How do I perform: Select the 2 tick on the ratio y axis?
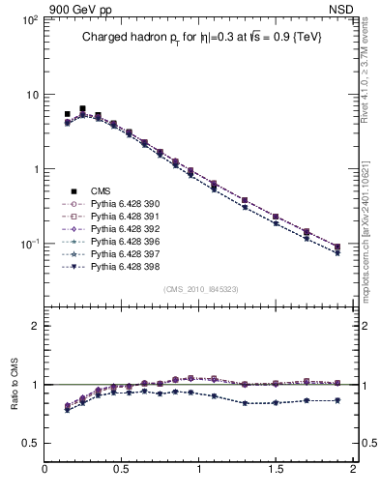tap(35, 326)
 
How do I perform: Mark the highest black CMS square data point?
tap(82, 109)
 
